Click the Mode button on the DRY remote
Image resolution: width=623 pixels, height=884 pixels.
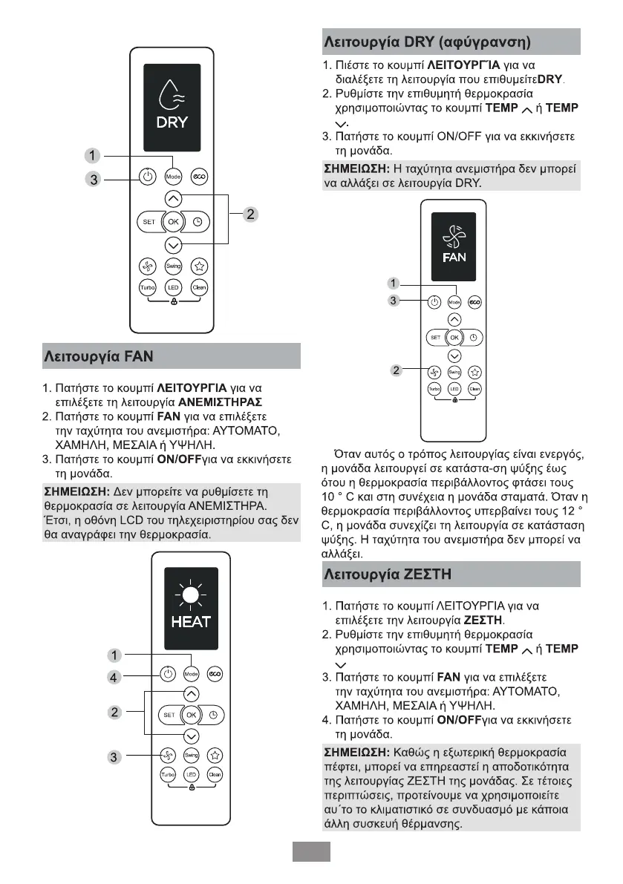point(173,177)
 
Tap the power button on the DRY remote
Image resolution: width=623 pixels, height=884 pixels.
point(147,177)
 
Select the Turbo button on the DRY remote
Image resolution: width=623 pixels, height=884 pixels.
point(147,288)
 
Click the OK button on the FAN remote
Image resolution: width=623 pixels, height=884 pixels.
point(454,338)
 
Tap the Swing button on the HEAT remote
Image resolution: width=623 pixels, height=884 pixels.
point(191,755)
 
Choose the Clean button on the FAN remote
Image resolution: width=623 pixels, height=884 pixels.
point(475,389)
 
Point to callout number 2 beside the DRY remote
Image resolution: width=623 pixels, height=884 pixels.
point(251,215)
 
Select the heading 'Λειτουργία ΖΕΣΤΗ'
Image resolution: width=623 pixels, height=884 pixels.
point(388,574)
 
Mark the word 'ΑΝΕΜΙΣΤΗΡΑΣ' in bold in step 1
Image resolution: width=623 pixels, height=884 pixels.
point(221,402)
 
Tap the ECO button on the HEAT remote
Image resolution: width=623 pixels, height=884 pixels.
point(215,674)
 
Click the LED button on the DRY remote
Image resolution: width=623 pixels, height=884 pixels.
point(173,288)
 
